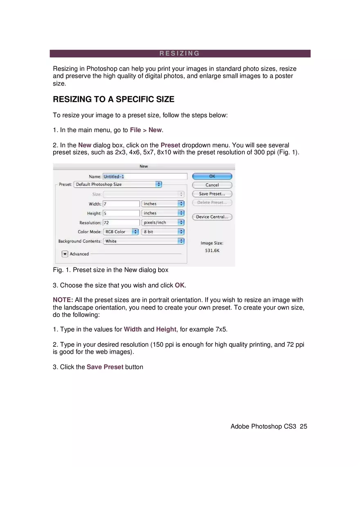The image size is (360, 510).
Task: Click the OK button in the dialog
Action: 212,176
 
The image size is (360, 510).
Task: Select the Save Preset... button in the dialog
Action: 212,194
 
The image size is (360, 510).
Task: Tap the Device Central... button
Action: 212,217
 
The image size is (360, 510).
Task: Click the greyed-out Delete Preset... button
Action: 212,202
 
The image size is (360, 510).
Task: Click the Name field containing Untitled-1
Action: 144,176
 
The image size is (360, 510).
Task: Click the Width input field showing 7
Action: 122,204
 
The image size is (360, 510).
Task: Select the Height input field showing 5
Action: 122,213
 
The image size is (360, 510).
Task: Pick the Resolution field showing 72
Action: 122,222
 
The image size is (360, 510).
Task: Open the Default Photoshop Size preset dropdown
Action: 118,184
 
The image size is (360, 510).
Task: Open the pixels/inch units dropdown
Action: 163,222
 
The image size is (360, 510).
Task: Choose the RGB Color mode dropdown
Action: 121,231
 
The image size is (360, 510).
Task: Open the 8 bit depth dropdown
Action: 163,231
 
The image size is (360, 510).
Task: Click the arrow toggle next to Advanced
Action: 65,254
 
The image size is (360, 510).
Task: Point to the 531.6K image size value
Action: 212,250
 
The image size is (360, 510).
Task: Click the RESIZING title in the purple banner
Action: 180,54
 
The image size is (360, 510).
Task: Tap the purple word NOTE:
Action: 63,300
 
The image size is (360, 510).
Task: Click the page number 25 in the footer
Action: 303,426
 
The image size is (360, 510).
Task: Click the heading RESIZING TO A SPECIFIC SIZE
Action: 114,99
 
